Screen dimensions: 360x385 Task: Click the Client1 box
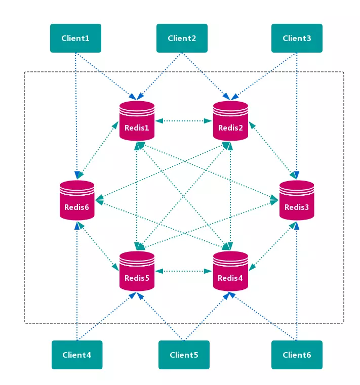(75, 38)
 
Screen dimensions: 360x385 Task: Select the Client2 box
(182, 38)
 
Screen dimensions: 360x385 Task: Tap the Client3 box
(297, 38)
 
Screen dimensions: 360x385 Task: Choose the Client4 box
(77, 355)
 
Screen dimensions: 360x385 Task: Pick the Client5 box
(184, 355)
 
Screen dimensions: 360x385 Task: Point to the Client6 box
(297, 355)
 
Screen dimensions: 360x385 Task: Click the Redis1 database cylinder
(137, 121)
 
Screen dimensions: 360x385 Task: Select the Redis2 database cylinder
(230, 121)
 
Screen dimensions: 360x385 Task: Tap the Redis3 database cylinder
(297, 200)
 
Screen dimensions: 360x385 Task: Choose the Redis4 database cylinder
(230, 271)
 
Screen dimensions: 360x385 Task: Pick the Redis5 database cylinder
(137, 271)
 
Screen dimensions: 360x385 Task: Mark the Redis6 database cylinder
(77, 200)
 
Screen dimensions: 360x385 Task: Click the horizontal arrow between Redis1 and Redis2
(184, 121)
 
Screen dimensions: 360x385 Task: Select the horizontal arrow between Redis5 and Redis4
(184, 271)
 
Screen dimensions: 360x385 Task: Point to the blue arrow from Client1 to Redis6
(76, 115)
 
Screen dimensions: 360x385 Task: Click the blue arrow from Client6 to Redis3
(297, 281)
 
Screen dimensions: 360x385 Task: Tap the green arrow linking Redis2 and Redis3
(273, 150)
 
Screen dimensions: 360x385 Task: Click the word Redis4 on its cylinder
(230, 278)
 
